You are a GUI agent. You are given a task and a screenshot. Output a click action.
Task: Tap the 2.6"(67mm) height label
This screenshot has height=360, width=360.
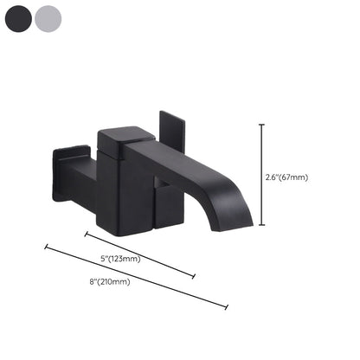(287, 177)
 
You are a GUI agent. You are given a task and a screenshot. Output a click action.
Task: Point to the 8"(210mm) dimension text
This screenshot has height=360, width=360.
(111, 281)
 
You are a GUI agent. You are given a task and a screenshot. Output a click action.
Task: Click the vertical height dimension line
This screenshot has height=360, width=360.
(262, 177)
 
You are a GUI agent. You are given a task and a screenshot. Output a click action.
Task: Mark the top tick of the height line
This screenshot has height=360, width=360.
(262, 125)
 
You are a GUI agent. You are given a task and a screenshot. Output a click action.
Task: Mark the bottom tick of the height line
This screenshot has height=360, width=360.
(262, 229)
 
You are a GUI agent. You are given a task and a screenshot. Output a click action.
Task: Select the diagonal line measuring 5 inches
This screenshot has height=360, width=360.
(139, 254)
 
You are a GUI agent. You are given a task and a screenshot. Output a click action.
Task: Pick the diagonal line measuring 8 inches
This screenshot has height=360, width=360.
(136, 277)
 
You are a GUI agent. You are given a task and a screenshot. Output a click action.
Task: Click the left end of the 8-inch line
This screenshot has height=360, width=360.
(45, 247)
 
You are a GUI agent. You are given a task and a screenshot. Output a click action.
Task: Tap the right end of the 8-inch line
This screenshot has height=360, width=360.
(228, 307)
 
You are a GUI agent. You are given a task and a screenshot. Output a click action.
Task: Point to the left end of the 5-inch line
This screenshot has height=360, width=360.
(85, 233)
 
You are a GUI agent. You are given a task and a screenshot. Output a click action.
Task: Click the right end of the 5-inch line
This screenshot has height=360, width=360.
(194, 277)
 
